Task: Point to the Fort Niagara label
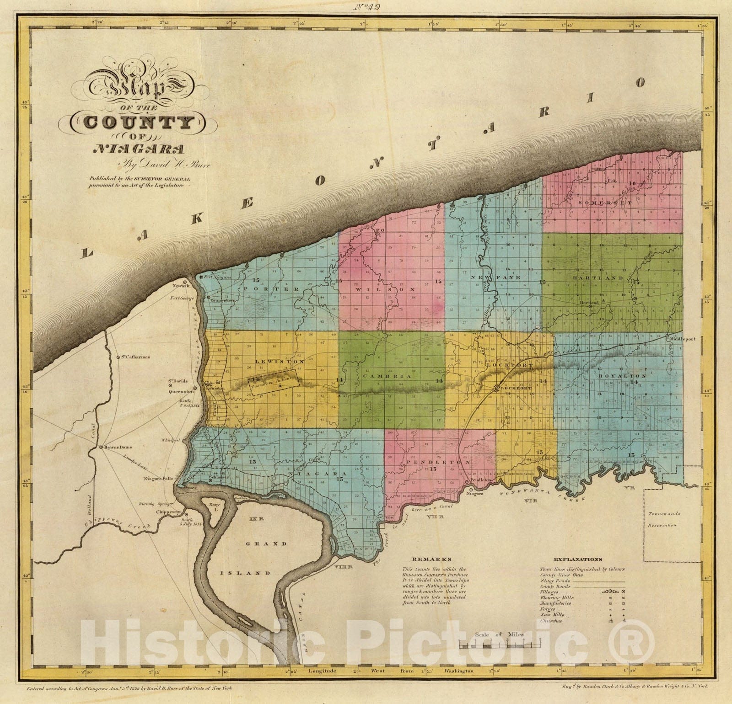[x=214, y=277]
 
